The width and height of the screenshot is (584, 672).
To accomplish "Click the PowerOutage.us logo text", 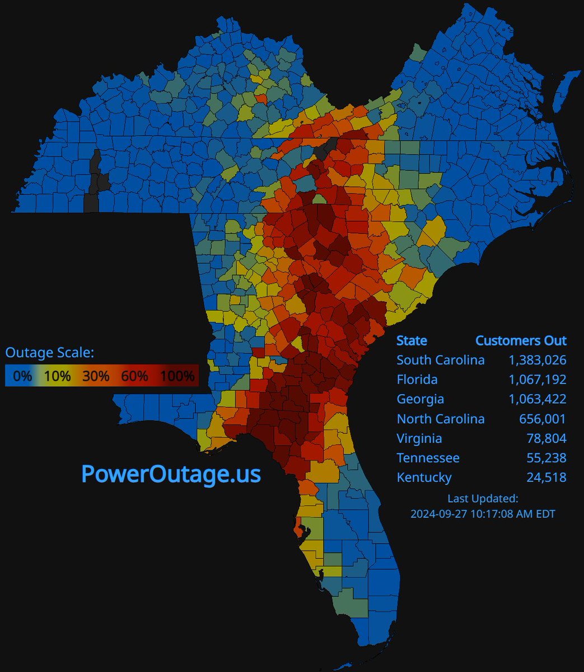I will point(171,474).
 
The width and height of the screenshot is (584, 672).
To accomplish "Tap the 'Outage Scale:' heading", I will point(50,352).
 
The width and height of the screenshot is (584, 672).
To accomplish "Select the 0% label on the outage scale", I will point(22,376).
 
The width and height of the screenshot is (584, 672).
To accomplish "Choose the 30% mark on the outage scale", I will point(95,376).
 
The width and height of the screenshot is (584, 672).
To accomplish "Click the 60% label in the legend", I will point(134,376).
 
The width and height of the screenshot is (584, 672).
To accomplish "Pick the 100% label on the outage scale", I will point(176,376).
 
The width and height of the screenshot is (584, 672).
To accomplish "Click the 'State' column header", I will point(412,340).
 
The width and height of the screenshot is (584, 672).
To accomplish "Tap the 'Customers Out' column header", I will point(521,340).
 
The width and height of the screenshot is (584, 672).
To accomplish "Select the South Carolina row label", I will point(441,360).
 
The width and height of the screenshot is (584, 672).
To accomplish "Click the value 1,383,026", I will point(538,360).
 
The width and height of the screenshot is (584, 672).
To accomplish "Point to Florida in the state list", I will point(417,380).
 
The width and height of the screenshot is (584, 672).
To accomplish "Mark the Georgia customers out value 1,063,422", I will point(538,399).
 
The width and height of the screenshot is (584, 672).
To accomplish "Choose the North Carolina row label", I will point(441,419).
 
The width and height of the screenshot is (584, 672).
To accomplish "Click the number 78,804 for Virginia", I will point(546,438).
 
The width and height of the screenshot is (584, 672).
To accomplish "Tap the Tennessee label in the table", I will point(428,458).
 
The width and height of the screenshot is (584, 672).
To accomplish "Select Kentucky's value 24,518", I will point(546,478).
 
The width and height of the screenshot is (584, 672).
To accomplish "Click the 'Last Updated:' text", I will point(483,498).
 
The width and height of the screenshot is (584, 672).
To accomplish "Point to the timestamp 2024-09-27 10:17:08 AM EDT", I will point(483,513).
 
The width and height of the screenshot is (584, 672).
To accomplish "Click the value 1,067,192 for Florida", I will point(538,380).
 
